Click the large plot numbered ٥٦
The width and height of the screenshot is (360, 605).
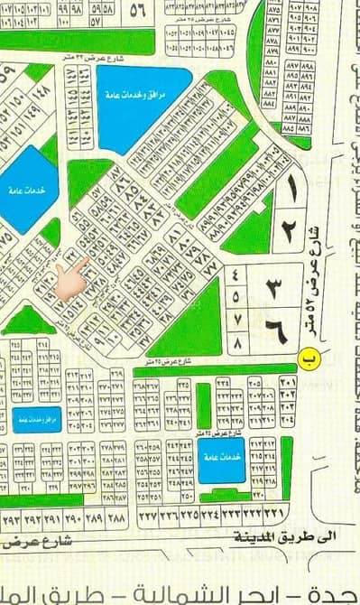coord(138,11)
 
